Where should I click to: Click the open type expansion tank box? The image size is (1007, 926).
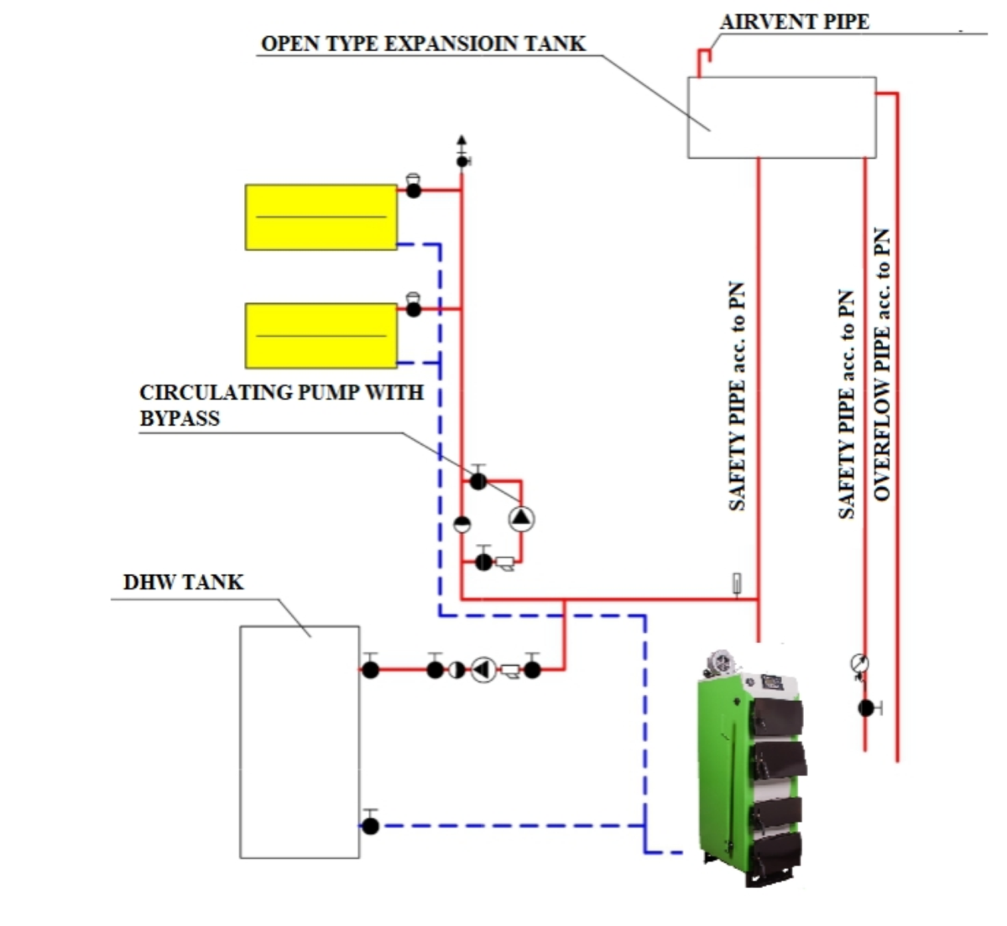[781, 118]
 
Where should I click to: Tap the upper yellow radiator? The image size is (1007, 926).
[321, 217]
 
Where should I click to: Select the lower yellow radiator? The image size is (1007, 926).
[321, 335]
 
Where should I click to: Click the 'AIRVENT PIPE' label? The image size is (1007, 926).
[794, 22]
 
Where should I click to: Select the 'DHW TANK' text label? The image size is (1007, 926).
[183, 582]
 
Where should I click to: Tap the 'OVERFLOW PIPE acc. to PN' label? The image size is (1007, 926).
[882, 365]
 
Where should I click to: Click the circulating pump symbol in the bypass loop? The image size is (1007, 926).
[521, 519]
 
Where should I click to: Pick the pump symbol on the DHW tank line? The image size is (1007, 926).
[483, 669]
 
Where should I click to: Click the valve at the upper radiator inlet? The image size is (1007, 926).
[413, 190]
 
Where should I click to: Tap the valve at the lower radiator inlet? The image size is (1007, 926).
[413, 308]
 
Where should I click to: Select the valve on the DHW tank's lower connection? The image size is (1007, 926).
[370, 825]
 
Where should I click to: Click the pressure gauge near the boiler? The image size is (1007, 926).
[858, 664]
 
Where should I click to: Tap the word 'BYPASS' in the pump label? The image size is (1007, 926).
[180, 418]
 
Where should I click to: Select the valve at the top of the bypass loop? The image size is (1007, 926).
[477, 481]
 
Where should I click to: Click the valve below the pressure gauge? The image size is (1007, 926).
[867, 708]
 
